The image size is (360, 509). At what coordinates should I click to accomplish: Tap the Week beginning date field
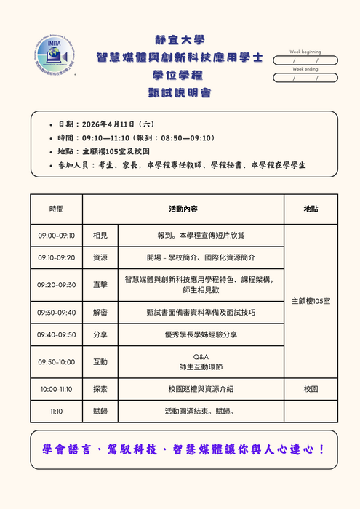point(305,60)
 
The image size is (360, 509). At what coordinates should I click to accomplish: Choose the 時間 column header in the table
point(56,209)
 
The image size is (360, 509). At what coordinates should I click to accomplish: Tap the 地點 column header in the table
point(311,209)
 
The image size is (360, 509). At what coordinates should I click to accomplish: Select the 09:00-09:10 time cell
point(56,236)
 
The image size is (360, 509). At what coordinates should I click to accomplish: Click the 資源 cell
point(100,257)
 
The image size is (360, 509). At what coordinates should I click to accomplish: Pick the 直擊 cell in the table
point(100,285)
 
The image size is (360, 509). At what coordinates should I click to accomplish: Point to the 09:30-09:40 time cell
point(56,312)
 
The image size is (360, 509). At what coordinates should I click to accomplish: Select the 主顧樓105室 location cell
point(311,300)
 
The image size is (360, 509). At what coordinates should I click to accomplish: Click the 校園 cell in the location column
point(311,389)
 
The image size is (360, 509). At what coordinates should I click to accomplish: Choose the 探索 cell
point(100,389)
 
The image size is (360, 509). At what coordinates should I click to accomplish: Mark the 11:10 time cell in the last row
point(56,411)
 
